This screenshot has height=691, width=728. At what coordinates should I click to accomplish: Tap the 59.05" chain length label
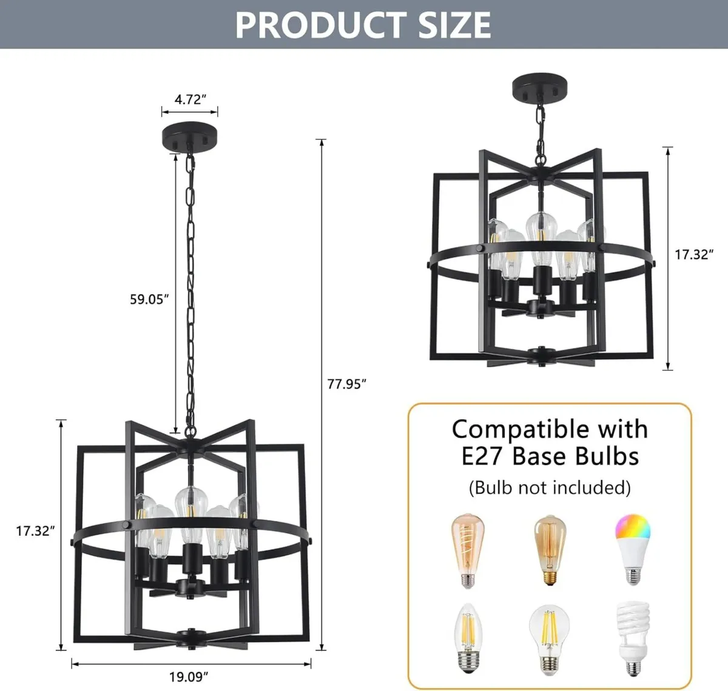149,299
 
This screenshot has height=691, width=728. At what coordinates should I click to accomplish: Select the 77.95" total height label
347,384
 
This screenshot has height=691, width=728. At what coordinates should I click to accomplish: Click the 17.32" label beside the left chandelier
36,531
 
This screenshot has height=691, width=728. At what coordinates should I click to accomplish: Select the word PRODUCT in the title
312,25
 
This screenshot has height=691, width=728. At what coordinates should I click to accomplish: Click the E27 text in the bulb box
482,456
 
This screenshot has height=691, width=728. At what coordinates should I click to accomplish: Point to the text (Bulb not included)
550,487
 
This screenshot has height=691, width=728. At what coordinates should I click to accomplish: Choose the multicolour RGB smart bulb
633,549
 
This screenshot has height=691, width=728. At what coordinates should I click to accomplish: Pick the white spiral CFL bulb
633,638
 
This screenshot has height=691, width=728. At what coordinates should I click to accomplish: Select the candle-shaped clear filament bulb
468,638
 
